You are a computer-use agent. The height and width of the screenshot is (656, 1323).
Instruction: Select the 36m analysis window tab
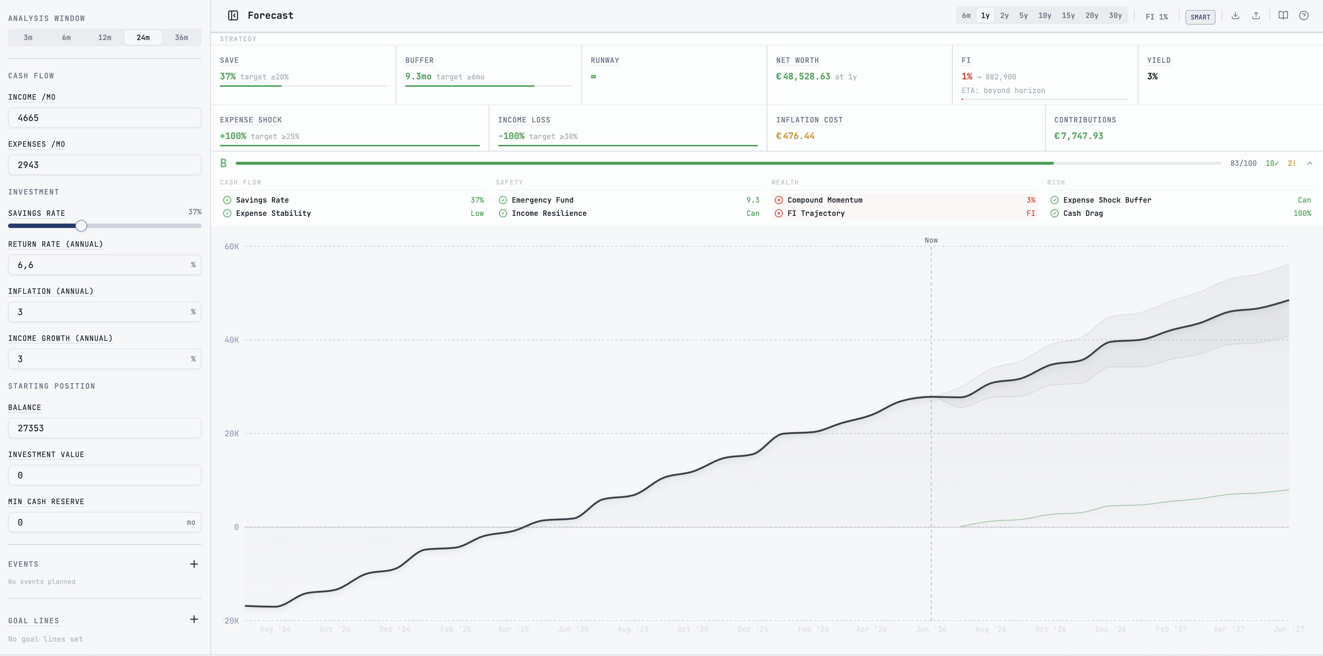(x=181, y=38)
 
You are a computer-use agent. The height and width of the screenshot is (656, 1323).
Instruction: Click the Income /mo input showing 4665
(x=105, y=118)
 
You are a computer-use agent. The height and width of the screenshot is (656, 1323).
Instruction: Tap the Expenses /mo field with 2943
(x=105, y=165)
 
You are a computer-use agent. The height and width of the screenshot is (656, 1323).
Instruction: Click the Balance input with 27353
(x=105, y=428)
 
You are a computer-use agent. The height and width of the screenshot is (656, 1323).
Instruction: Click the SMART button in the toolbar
(x=1200, y=17)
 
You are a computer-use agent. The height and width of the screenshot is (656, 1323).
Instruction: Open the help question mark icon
(x=1304, y=15)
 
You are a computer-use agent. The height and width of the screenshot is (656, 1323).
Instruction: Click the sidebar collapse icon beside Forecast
(x=233, y=15)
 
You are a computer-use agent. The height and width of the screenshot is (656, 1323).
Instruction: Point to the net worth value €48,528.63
(x=803, y=76)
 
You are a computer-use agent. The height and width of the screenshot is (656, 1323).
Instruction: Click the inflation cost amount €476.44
(x=795, y=136)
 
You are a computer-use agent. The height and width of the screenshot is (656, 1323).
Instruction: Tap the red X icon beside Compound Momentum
(x=778, y=200)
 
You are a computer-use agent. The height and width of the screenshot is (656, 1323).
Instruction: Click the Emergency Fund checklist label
(x=542, y=200)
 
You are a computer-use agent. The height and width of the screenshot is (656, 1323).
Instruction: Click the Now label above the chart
(x=931, y=240)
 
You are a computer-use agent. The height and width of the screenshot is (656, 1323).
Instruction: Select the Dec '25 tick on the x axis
(x=752, y=629)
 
